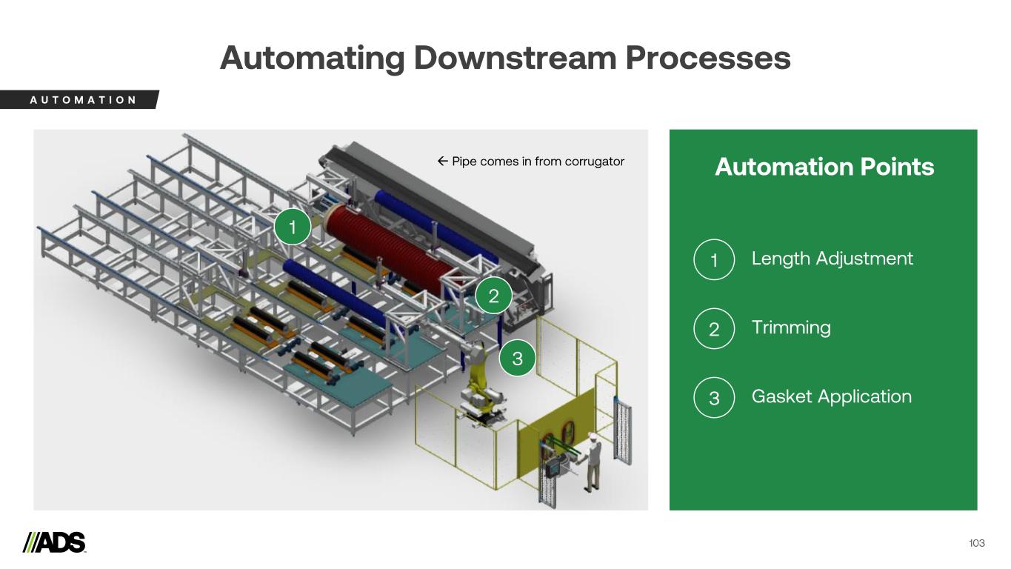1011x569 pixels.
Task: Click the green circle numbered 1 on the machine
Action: click(x=293, y=227)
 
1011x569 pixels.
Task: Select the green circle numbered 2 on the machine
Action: click(x=494, y=296)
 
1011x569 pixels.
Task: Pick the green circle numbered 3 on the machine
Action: click(x=517, y=359)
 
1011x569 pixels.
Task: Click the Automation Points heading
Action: click(x=824, y=167)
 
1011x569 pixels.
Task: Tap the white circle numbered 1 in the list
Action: click(x=714, y=260)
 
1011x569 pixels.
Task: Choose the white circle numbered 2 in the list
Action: click(x=714, y=329)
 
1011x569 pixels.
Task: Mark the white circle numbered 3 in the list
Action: click(x=714, y=398)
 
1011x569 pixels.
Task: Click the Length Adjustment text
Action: click(x=832, y=259)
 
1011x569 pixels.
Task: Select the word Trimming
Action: click(x=790, y=327)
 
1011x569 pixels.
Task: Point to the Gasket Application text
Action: click(x=831, y=396)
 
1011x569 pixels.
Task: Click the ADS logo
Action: click(x=55, y=542)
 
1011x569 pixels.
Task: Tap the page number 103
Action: click(x=976, y=543)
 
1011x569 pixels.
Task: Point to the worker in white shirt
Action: click(x=592, y=459)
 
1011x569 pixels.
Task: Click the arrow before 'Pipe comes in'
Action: click(x=442, y=162)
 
